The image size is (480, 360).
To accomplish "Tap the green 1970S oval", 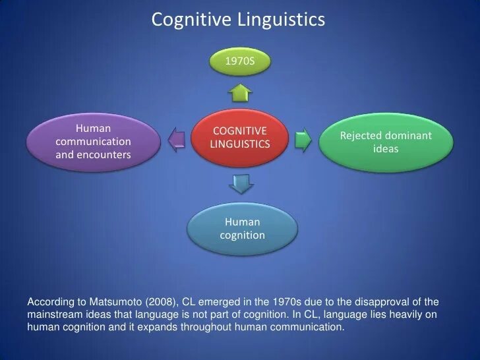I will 239,61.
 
